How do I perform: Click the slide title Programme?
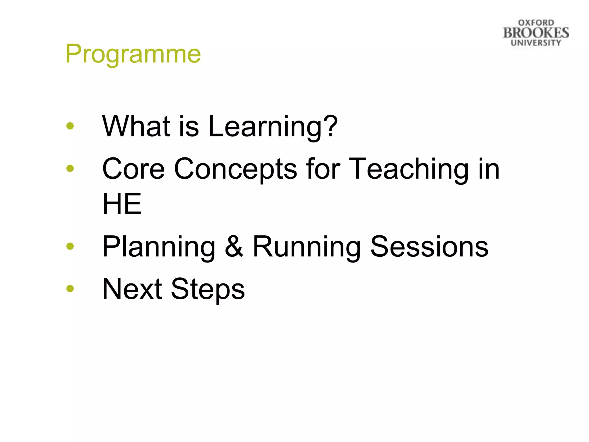click(133, 54)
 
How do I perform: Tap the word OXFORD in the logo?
click(536, 23)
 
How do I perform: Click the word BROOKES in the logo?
click(536, 33)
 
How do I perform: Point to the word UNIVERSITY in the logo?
click(536, 43)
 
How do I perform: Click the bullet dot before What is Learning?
click(70, 126)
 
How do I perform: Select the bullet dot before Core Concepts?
click(70, 168)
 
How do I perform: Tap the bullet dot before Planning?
click(70, 246)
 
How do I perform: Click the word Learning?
click(273, 127)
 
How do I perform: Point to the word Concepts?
click(235, 169)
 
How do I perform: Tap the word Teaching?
click(409, 169)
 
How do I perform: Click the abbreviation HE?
click(122, 204)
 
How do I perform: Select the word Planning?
click(159, 247)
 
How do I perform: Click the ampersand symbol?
click(234, 246)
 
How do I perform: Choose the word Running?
click(307, 247)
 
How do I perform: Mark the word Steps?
click(208, 289)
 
